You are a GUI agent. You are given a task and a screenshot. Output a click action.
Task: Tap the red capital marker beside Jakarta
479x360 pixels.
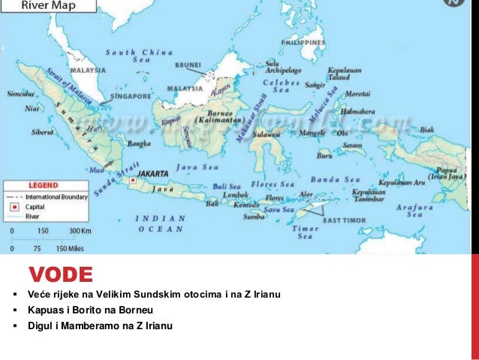133,180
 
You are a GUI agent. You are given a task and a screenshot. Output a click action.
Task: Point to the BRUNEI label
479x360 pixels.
188,65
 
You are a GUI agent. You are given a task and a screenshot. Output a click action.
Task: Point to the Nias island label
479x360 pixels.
32,108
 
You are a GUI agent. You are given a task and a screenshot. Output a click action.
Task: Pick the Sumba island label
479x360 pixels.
253,216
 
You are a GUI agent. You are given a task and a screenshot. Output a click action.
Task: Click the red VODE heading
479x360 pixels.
61,274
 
